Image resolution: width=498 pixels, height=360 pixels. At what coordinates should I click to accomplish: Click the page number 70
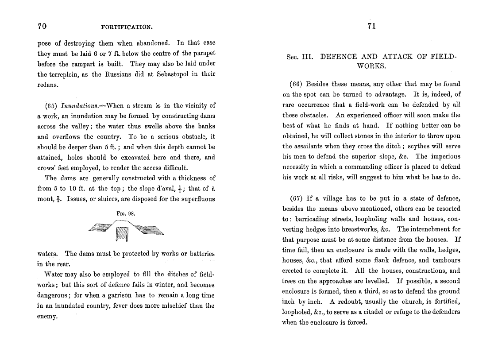click(x=42, y=26)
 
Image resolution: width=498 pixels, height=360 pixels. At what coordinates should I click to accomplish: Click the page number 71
click(x=371, y=26)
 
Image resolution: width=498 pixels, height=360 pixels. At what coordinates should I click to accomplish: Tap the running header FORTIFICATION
click(x=127, y=27)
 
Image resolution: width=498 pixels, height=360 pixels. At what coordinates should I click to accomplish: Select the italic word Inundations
click(x=77, y=105)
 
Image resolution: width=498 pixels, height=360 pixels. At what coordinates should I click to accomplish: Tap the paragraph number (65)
click(x=52, y=105)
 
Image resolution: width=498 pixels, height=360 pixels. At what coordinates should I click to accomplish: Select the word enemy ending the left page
click(x=47, y=317)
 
